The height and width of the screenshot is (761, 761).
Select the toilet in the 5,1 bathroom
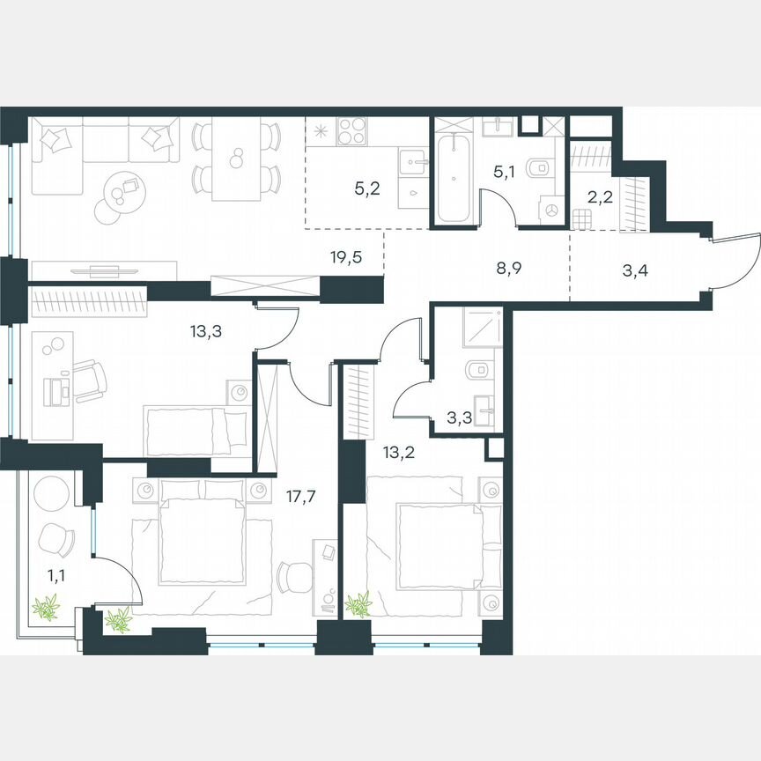[x=539, y=166]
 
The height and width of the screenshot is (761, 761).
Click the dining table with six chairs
[x=236, y=160]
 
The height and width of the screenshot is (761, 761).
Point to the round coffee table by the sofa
[x=120, y=188]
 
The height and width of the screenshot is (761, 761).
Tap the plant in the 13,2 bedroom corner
[x=358, y=605]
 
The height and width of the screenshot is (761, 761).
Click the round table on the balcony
[x=50, y=489]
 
